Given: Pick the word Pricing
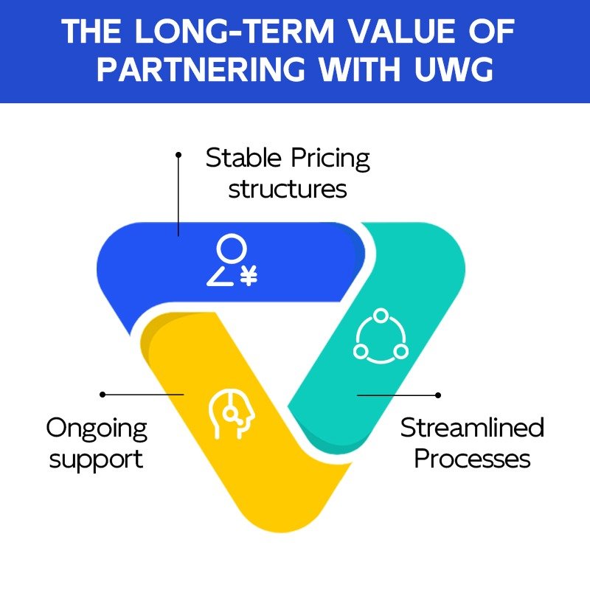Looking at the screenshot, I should point(329,159).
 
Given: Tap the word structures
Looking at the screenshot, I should point(288,189).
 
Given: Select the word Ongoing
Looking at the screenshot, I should point(97,429).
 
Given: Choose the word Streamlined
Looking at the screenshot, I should point(472,428).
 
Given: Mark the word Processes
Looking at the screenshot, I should point(472,459).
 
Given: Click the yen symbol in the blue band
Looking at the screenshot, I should point(249,277).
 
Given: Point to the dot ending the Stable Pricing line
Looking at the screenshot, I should point(178,155).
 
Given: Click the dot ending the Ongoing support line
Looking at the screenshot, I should point(103,395).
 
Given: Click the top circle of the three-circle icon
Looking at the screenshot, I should point(381,316).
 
